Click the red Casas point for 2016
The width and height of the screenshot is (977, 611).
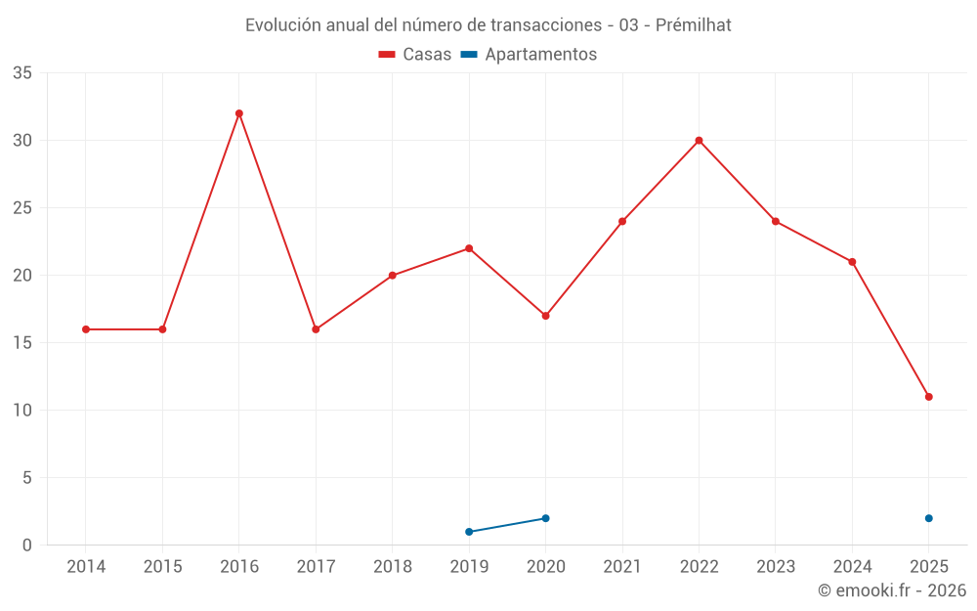coord(239,113)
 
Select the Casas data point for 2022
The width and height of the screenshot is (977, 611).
coord(699,141)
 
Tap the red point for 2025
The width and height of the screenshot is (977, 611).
coord(928,397)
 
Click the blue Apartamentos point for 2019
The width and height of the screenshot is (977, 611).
coord(469,532)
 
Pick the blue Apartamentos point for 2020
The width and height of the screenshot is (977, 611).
coord(545,518)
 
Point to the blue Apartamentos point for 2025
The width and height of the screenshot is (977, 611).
coord(928,518)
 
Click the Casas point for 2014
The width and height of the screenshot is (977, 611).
coord(86,329)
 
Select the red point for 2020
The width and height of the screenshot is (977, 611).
coord(545,316)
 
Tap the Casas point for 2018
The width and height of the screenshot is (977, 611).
coord(393,276)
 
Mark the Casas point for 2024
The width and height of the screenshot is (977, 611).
coord(852,262)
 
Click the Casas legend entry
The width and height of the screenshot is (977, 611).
coord(415,55)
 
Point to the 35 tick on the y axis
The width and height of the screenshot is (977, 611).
coord(22,73)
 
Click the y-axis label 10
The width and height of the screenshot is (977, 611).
coord(22,411)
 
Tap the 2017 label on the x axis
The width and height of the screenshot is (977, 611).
coord(316,567)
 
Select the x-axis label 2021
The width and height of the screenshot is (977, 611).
coord(622,567)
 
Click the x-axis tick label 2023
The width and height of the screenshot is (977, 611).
coord(776,567)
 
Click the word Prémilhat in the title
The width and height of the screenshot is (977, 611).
coord(693,25)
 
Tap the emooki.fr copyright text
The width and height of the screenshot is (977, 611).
coord(892,590)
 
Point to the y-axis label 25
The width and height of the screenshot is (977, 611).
coord(22,208)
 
